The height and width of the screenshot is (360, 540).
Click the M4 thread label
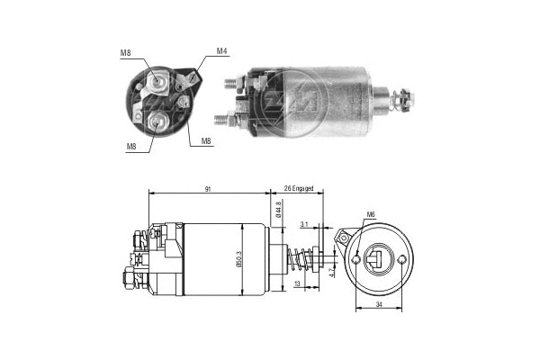point(221,52)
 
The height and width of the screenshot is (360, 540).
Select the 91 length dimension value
point(209,188)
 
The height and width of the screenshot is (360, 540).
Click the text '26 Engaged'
point(297,188)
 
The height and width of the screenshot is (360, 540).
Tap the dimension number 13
point(298,285)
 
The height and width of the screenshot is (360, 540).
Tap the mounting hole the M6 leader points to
point(358,260)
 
